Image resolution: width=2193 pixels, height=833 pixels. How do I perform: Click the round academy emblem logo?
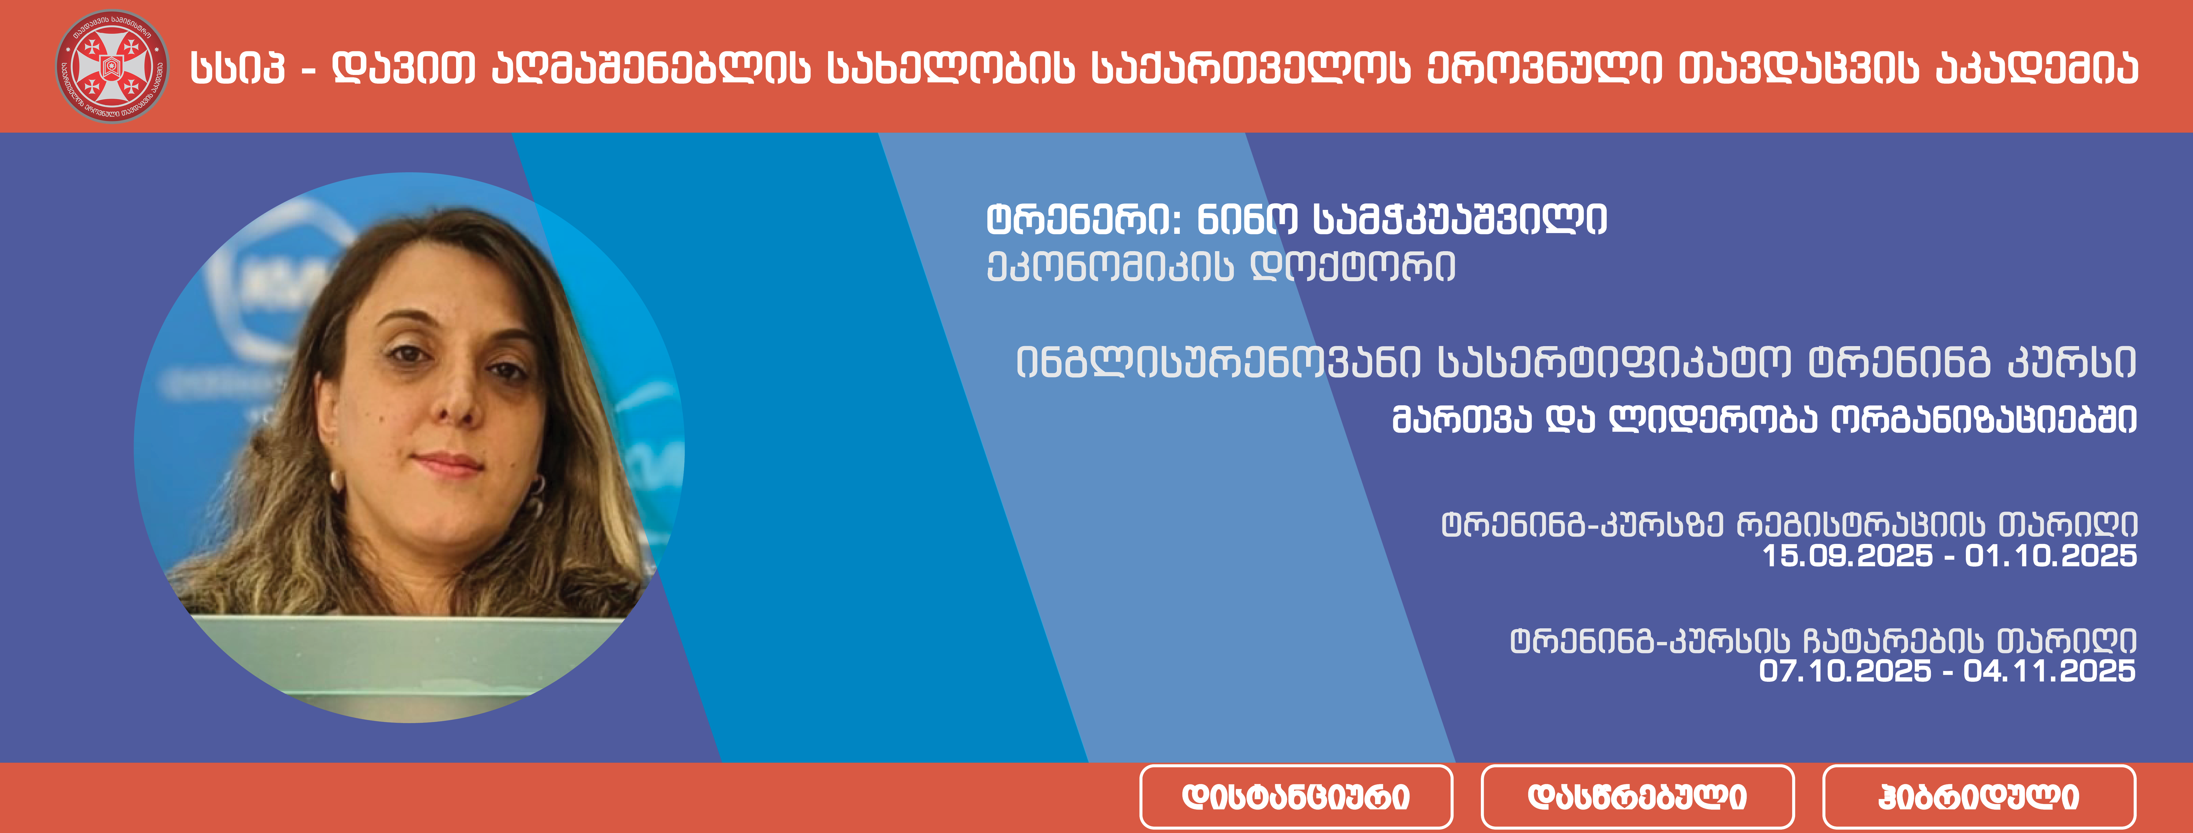click(x=112, y=66)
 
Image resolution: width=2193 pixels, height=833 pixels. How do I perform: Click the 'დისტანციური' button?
click(x=1296, y=796)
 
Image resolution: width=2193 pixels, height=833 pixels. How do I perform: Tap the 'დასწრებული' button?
click(x=1637, y=796)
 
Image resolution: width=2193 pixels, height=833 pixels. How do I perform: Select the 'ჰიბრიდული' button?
click(x=1979, y=796)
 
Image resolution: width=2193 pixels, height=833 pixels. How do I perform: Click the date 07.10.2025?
click(x=1845, y=670)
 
